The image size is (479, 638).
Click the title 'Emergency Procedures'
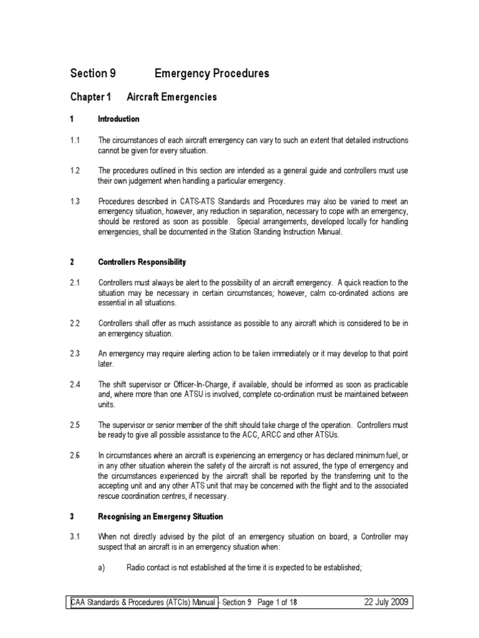pos(211,74)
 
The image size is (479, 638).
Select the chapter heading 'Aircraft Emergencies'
pos(172,97)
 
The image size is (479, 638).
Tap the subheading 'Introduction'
pos(119,119)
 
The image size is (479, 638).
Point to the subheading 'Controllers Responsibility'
pos(142,262)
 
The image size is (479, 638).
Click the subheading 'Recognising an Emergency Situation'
pos(160,517)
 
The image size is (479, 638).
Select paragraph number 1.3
pos(75,201)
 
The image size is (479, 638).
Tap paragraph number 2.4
pos(75,384)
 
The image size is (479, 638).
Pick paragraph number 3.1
pos(75,538)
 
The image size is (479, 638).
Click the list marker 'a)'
pos(102,568)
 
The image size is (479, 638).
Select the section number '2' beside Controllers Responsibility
pos(72,262)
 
